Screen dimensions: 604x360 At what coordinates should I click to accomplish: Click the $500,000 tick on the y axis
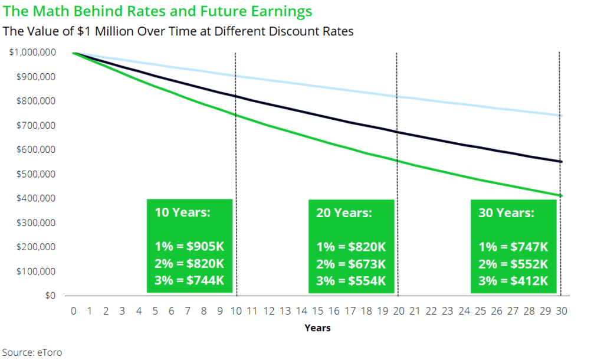coord(36,174)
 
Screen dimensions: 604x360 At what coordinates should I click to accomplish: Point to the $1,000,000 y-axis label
coord(32,52)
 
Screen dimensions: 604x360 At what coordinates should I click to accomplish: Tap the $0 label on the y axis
coord(50,296)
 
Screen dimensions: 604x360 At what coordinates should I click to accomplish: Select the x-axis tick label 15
coord(317,311)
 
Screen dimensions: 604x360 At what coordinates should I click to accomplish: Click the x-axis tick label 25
coord(480,311)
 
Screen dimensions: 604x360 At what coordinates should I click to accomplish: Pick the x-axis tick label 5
coord(155,311)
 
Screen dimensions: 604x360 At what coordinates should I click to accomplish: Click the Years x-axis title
coord(317,328)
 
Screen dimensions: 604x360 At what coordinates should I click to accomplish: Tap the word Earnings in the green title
coord(281,12)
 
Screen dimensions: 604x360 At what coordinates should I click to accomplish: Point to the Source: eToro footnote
coord(32,353)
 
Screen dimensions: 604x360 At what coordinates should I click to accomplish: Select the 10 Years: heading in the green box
coord(183,212)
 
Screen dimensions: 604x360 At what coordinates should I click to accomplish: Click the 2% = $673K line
coord(351,264)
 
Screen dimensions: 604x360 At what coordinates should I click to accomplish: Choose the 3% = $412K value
coord(513,281)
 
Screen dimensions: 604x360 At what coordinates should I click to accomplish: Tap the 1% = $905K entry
coord(189,247)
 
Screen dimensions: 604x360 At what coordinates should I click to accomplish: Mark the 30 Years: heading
coord(506,213)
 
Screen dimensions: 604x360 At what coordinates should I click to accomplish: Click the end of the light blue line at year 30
coord(561,116)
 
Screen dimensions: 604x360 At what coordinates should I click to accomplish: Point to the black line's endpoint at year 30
coord(561,162)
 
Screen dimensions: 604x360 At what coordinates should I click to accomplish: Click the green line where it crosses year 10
coord(236,115)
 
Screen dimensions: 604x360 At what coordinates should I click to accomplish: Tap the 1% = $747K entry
coord(513,247)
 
